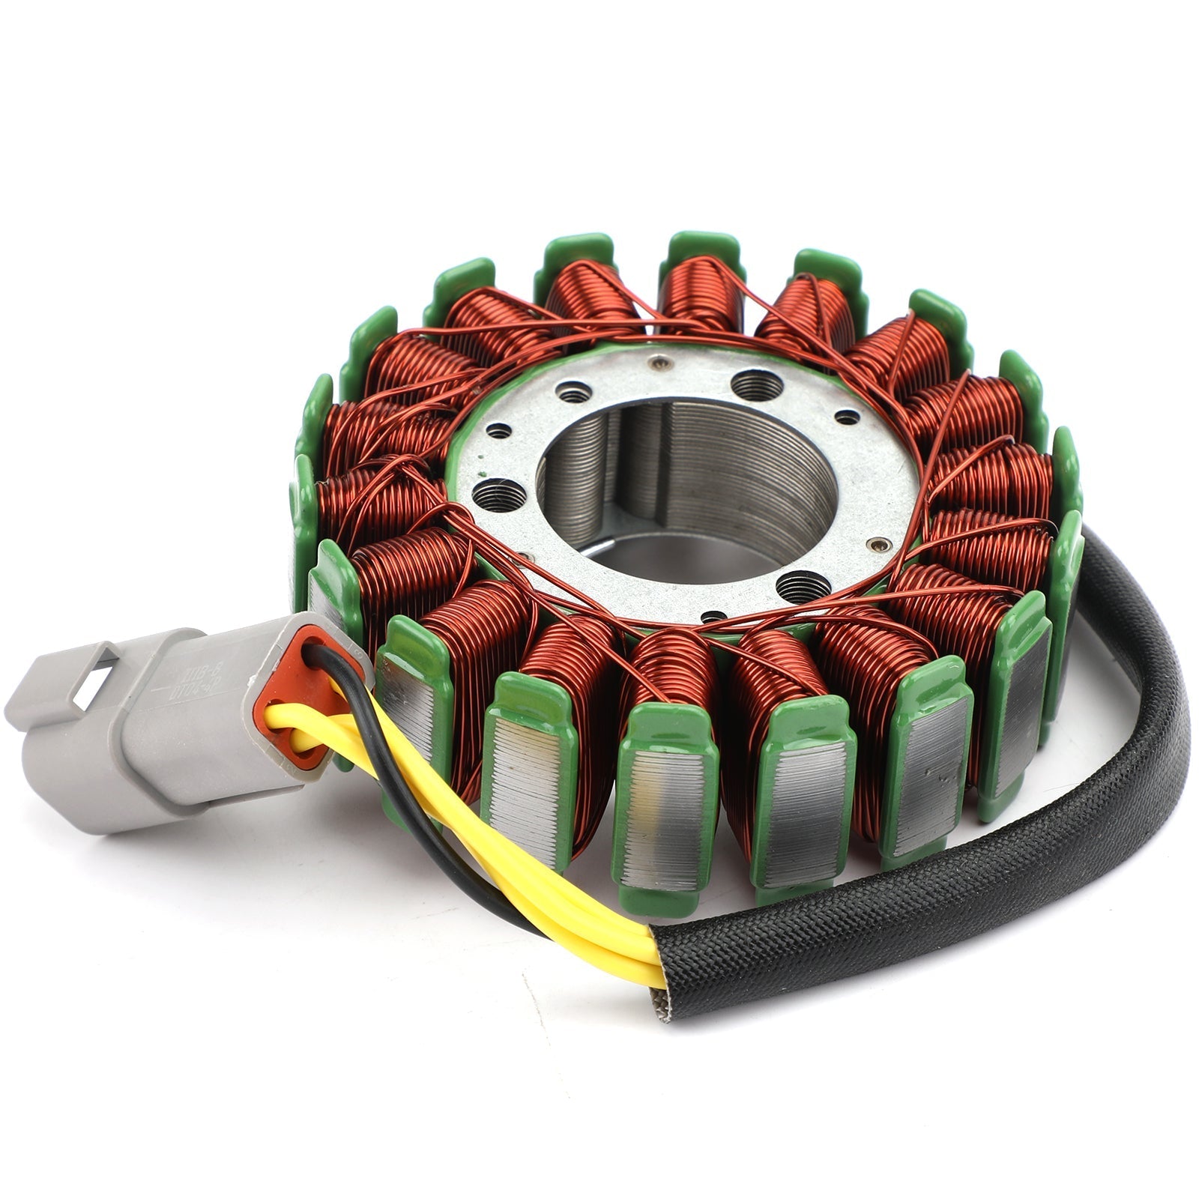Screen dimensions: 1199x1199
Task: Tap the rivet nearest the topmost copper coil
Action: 659,363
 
